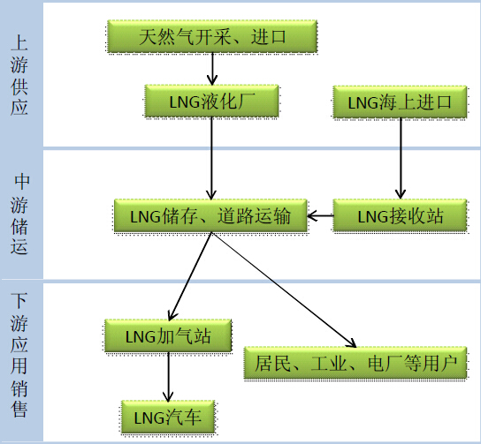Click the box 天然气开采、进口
[212, 36]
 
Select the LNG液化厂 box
[211, 101]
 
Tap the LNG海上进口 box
[400, 102]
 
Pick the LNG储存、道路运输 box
[210, 215]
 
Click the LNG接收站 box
[400, 215]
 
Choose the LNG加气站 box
[168, 335]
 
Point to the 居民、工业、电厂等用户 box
[355, 363]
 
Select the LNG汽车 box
[168, 417]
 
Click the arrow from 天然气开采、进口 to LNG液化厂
[212, 69]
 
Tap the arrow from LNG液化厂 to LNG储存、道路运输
[211, 158]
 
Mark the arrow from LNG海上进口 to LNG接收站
[401, 158]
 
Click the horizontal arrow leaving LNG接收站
[320, 215]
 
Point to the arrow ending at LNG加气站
[190, 276]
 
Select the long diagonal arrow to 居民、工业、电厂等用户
[284, 290]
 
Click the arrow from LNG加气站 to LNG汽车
[168, 377]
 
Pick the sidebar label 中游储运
[20, 214]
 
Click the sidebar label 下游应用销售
[19, 355]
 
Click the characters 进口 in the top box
[269, 36]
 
